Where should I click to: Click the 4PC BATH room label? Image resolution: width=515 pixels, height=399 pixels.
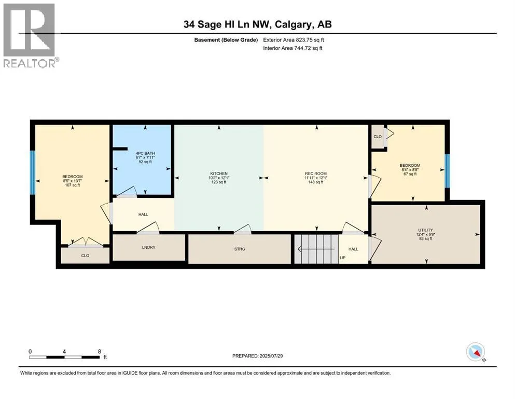click(x=145, y=153)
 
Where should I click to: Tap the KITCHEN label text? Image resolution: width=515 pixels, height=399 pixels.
click(x=219, y=174)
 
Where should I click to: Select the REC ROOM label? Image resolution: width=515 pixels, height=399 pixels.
click(x=316, y=174)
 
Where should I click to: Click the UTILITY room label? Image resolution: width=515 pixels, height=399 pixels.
click(x=425, y=230)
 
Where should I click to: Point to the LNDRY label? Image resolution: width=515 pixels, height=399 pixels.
click(x=148, y=247)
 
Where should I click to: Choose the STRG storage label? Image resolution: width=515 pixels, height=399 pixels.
click(x=240, y=249)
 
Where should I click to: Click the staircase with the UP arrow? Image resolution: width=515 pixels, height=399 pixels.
click(x=316, y=249)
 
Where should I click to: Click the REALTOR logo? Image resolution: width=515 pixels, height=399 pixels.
click(x=30, y=35)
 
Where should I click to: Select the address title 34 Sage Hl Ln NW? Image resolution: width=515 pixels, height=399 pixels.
click(x=227, y=24)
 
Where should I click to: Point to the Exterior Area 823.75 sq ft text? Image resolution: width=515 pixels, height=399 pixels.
click(x=294, y=40)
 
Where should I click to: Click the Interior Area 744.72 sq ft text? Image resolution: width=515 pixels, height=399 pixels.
click(x=293, y=48)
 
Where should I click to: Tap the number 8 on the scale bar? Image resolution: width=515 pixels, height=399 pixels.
click(x=100, y=351)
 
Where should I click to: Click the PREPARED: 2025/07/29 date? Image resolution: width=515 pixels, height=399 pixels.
click(x=257, y=356)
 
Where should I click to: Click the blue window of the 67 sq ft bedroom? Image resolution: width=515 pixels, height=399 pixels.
click(x=447, y=171)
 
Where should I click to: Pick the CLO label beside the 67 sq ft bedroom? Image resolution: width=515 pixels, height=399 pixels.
click(x=378, y=137)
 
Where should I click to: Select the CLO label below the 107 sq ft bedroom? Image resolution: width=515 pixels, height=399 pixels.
click(x=85, y=256)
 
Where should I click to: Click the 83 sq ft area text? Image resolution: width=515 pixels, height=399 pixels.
click(x=425, y=239)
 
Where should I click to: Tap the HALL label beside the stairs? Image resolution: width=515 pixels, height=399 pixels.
click(x=353, y=249)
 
